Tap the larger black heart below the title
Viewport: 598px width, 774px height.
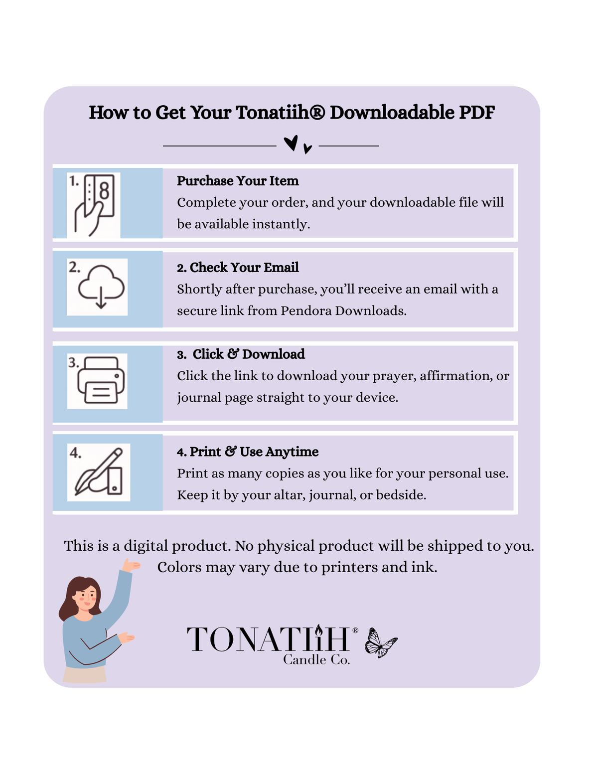pyautogui.click(x=291, y=143)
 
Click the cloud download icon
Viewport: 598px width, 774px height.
pyautogui.click(x=101, y=287)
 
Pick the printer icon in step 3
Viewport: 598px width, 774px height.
pyautogui.click(x=101, y=380)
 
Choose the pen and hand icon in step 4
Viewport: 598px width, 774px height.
pyautogui.click(x=99, y=471)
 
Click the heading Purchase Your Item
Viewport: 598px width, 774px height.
pyautogui.click(x=238, y=181)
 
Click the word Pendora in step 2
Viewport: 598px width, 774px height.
pyautogui.click(x=306, y=310)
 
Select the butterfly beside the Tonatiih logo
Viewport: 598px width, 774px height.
pyautogui.click(x=381, y=642)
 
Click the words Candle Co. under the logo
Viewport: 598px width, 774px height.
pyautogui.click(x=316, y=660)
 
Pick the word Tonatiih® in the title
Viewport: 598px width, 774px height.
pyautogui.click(x=280, y=113)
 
